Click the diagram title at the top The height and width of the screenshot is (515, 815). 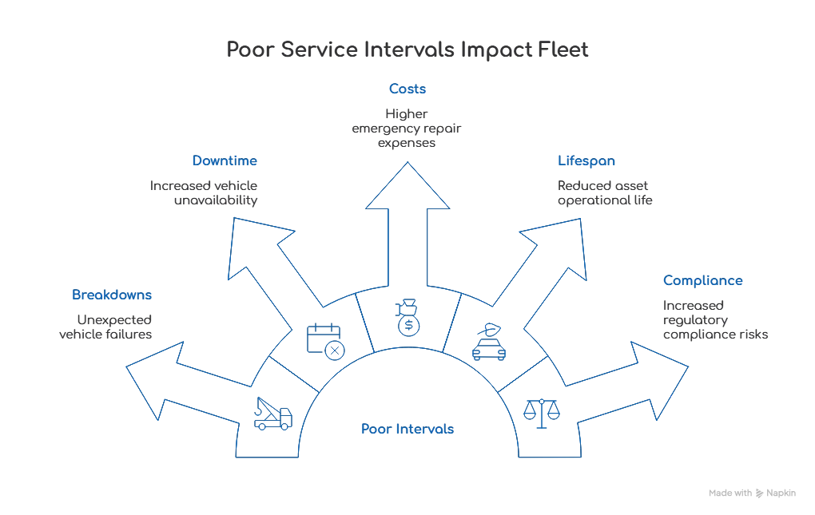(407, 51)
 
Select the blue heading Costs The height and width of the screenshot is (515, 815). (407, 89)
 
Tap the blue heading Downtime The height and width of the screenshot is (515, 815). (225, 160)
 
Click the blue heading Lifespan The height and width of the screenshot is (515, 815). (586, 160)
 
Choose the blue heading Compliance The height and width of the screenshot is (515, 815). (703, 281)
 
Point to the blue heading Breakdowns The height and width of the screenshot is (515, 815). (112, 295)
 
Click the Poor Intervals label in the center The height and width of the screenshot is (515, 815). (407, 430)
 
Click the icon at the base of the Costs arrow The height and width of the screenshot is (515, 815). (407, 317)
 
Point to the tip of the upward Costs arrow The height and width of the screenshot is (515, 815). (408, 163)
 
